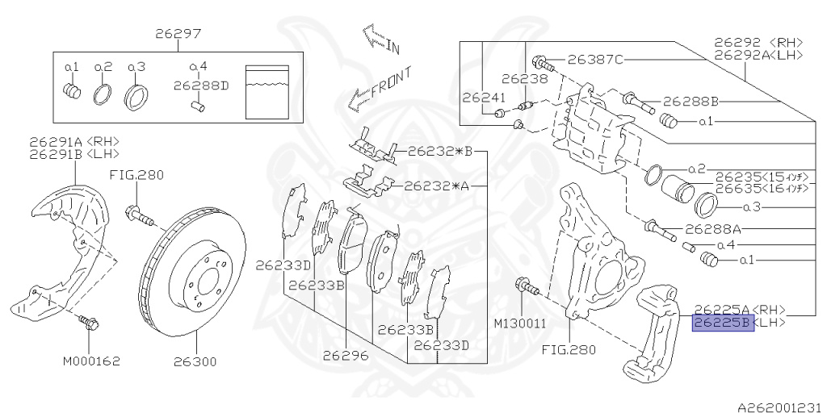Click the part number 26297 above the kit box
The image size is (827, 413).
[178, 34]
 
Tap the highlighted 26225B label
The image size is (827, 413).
[723, 323]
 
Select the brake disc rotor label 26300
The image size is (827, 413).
[195, 362]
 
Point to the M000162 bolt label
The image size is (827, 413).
[91, 361]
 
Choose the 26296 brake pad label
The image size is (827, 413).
[346, 356]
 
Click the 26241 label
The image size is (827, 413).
[484, 98]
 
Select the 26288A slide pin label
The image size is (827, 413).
[713, 229]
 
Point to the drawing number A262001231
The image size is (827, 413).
[781, 407]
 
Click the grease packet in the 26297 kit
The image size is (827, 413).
[268, 92]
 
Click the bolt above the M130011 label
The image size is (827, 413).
[528, 288]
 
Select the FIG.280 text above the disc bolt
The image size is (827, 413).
[136, 175]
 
